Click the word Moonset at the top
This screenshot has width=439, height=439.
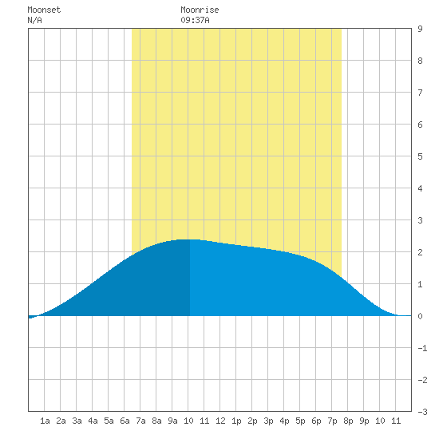44,10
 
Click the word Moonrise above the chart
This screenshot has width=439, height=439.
200,10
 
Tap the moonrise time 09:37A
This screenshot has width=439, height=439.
195,20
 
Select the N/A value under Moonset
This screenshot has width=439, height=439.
34,20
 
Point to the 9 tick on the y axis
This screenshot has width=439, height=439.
420,29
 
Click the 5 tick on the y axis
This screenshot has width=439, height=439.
420,156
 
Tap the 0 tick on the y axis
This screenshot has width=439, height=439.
420,316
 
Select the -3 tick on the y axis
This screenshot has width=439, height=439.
422,412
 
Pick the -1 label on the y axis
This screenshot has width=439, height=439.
422,348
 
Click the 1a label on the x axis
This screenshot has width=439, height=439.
45,421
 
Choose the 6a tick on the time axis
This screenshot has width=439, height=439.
125,421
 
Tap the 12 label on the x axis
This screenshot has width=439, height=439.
220,421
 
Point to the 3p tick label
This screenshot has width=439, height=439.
268,421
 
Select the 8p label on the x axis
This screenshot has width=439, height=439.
348,421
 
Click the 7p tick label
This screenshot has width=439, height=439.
332,421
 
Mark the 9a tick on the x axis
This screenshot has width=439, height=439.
172,421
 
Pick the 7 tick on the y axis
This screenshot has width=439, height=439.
420,93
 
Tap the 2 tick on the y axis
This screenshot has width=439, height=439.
420,252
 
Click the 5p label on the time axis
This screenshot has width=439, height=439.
300,421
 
